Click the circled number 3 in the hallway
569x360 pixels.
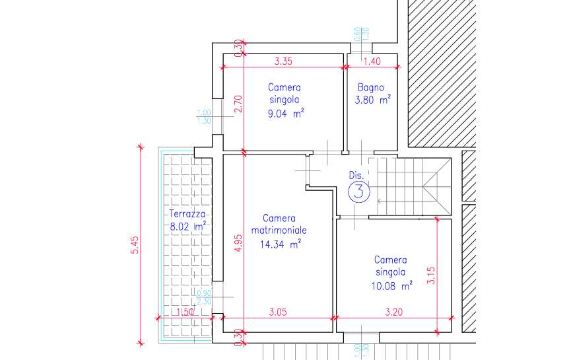359,192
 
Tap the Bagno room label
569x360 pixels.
370,88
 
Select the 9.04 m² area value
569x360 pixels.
286,114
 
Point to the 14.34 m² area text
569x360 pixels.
280,244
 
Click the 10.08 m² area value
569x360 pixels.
391,286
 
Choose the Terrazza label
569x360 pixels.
187,214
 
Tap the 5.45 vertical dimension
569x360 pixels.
135,245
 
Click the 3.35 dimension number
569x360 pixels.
283,61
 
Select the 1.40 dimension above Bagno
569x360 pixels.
372,61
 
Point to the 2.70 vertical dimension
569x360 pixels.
238,104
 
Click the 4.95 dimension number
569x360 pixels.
238,242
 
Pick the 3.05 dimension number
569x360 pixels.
278,312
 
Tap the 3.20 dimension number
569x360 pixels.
393,312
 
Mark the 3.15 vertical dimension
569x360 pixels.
431,275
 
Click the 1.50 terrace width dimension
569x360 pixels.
185,312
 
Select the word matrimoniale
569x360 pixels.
279,231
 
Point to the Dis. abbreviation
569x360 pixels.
356,175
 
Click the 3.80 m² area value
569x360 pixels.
373,100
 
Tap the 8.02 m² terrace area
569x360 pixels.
188,227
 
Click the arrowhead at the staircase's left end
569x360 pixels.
379,201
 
